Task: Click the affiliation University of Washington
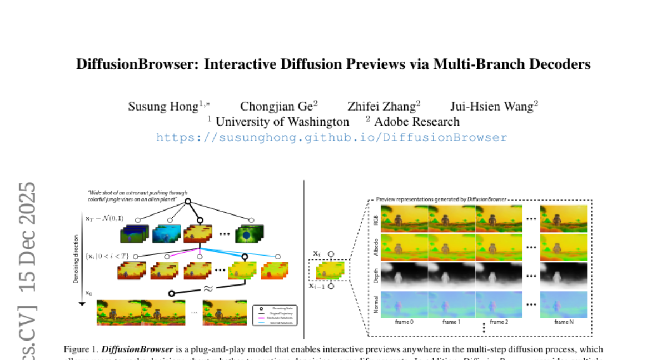tap(282, 122)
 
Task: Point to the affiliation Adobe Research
tap(416, 122)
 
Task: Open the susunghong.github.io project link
tap(332, 137)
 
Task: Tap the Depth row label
tap(376, 276)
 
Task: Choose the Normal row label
tap(376, 305)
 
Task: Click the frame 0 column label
tap(404, 322)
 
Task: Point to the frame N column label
tap(563, 322)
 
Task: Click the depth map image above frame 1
tap(451, 276)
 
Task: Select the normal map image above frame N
tap(563, 305)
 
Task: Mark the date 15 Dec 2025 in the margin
tap(27, 239)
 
